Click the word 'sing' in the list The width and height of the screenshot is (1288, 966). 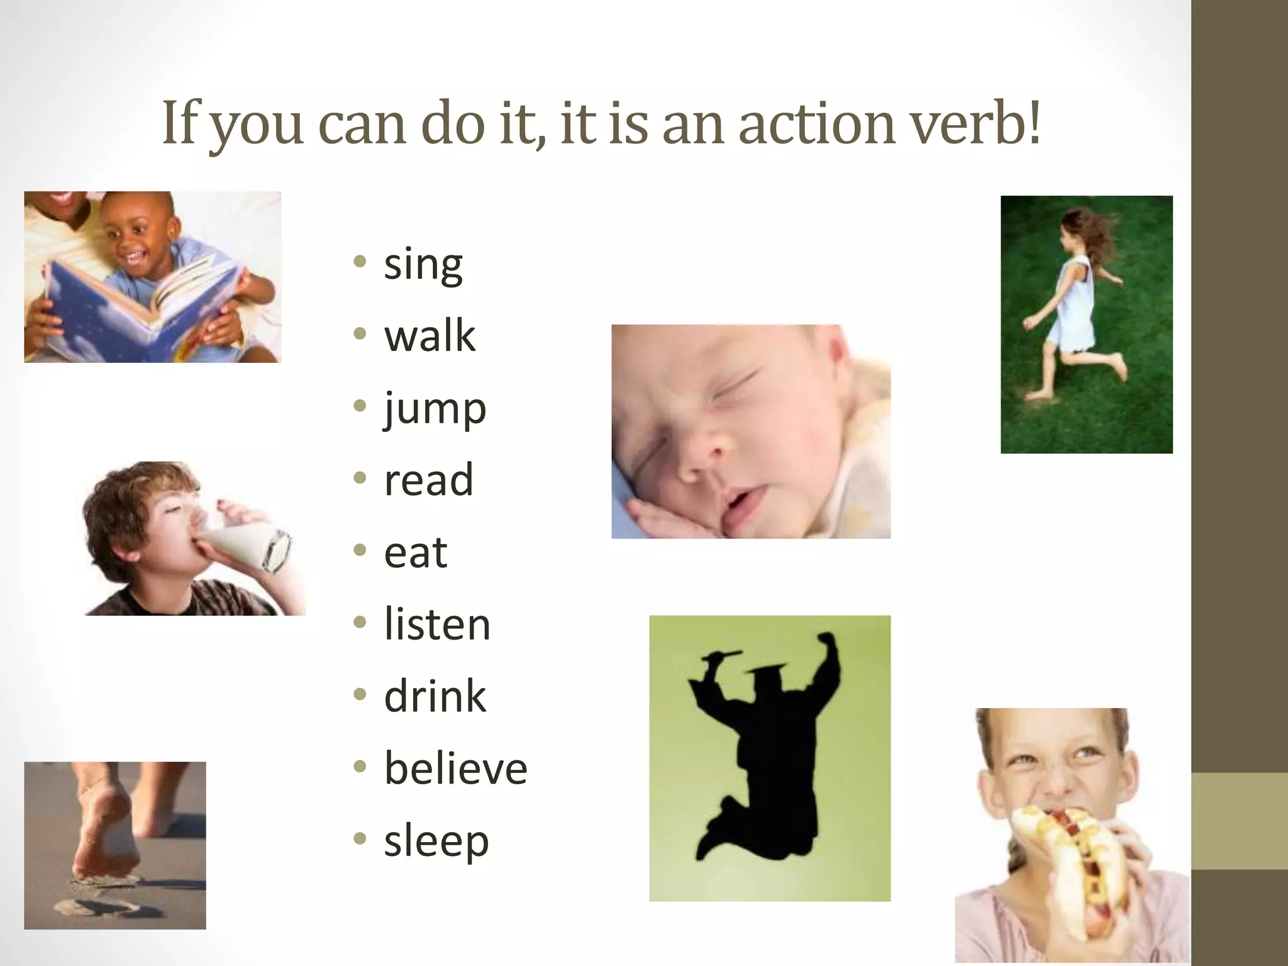(x=423, y=265)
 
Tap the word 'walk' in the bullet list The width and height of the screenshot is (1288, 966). (x=430, y=336)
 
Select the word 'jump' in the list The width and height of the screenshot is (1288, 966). (x=435, y=409)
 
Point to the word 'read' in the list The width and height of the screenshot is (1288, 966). (x=428, y=480)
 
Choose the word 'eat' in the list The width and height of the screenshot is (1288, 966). (x=416, y=553)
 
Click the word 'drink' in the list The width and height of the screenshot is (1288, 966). (x=435, y=697)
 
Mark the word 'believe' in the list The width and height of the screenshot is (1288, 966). (x=455, y=769)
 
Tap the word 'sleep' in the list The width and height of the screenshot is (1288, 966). (x=436, y=841)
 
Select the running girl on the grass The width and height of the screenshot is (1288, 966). (x=1075, y=308)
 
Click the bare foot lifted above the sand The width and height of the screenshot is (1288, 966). (x=104, y=830)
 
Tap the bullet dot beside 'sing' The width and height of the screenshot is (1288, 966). (x=360, y=262)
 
